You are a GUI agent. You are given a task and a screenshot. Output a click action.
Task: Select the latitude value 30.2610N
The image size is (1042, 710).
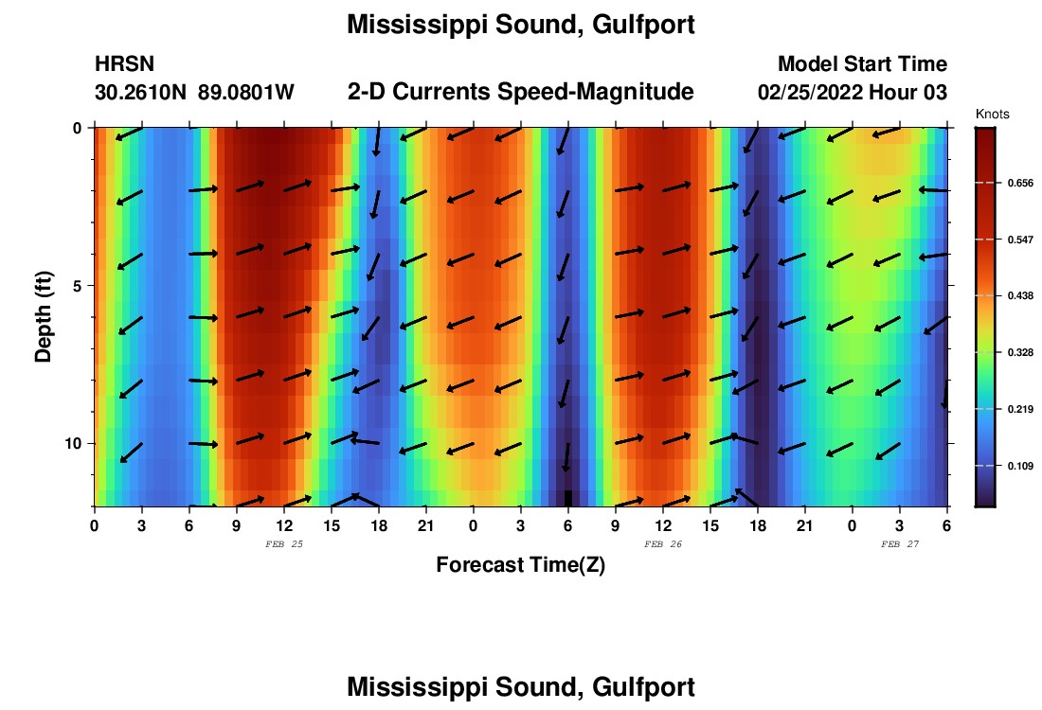141,93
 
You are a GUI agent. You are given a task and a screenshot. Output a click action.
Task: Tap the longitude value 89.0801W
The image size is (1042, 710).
246,93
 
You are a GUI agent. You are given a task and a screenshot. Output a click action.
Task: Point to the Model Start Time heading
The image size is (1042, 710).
862,64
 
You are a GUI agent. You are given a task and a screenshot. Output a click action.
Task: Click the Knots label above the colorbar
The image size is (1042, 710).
992,114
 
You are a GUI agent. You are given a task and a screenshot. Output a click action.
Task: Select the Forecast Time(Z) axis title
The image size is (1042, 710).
520,565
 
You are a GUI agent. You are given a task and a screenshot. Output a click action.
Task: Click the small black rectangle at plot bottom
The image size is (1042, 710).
568,498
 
